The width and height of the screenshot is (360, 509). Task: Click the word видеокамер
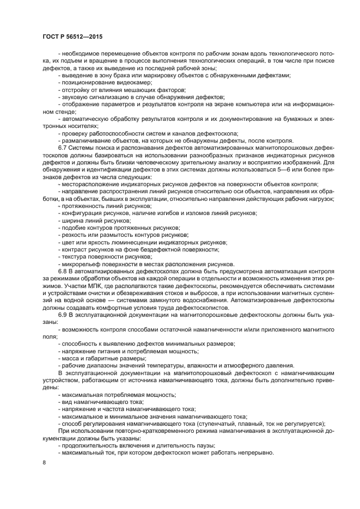(137, 82)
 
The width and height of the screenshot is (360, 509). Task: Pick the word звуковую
(76, 96)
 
